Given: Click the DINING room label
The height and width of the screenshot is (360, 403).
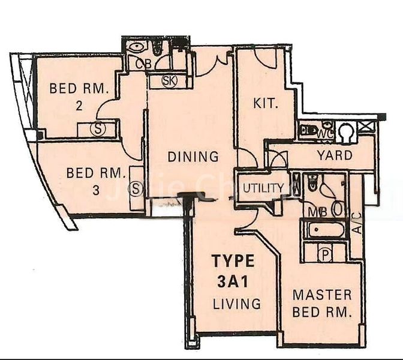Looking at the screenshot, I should coord(193,157).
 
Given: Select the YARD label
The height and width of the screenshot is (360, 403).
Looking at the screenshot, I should coord(335,155).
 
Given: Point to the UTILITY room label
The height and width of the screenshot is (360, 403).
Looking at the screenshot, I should coord(263,188).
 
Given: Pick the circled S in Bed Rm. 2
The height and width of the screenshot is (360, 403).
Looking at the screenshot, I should coord(97,128).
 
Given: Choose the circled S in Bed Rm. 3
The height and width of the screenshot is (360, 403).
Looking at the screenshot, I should coord(136,190).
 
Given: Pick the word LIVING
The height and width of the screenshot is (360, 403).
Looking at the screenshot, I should coord(237,304).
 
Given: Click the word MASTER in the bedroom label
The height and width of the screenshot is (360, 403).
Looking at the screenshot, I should coord(322,295).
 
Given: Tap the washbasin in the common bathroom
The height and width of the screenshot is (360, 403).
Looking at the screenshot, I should coord(137,46).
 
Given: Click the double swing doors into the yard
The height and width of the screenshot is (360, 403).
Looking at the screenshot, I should coord(278,160).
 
